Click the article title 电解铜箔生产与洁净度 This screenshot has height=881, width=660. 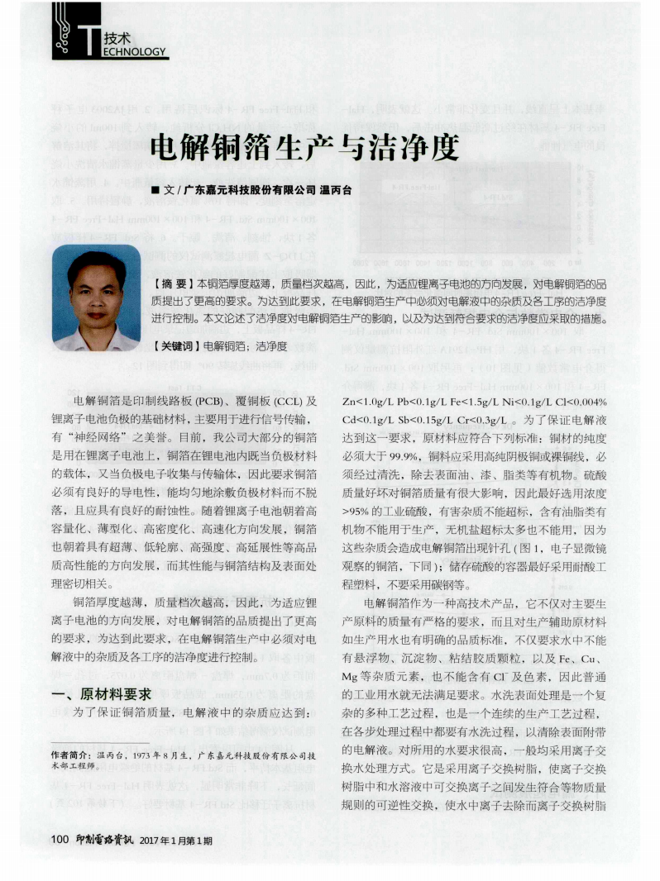point(304,150)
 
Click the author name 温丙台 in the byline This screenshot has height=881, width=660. point(335,190)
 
